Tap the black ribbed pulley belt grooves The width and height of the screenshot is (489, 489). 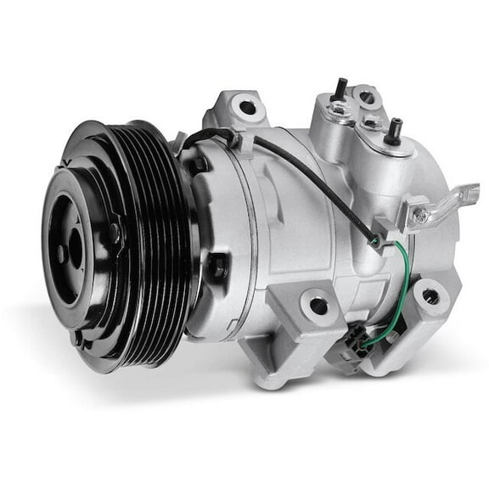pyautogui.click(x=161, y=246)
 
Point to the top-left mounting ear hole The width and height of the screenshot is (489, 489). pyautogui.click(x=246, y=108)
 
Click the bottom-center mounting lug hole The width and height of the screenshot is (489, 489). pyautogui.click(x=318, y=305)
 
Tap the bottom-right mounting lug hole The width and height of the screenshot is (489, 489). pyautogui.click(x=430, y=296)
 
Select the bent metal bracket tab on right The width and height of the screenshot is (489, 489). pyautogui.click(x=446, y=200)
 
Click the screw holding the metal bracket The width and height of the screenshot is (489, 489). pyautogui.click(x=419, y=216)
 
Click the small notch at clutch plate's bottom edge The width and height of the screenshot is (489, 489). pyautogui.click(x=78, y=338)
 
